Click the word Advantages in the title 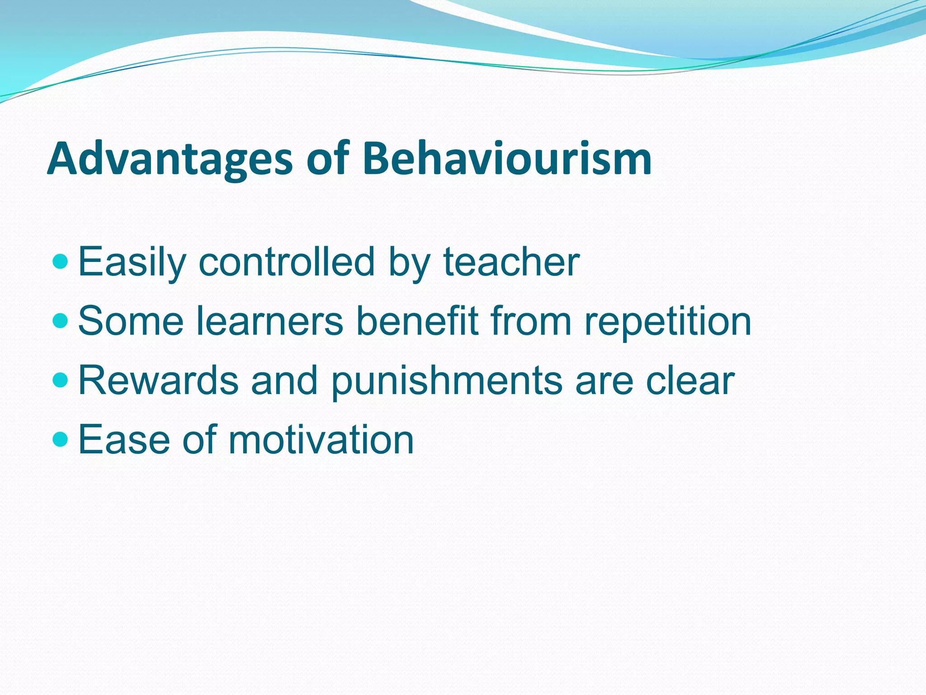click(170, 159)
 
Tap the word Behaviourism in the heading click(507, 159)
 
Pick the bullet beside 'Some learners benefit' click(60, 321)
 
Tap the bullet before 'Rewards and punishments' click(60, 381)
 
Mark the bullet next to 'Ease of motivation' click(60, 439)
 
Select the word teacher click(511, 262)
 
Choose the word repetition click(667, 322)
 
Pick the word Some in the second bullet click(131, 322)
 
